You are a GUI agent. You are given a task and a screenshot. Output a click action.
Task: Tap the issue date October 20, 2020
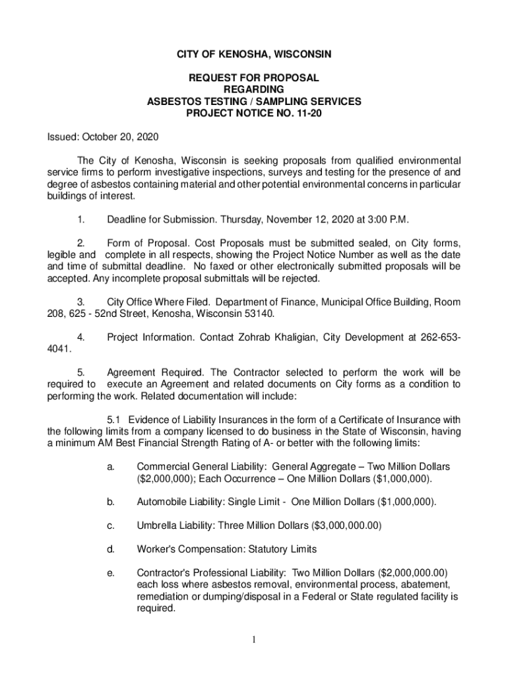point(120,137)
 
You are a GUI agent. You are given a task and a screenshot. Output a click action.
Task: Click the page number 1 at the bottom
point(254,640)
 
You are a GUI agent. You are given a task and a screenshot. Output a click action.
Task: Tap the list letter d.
point(110,549)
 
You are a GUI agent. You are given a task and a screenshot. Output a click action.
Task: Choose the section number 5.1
point(115,420)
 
